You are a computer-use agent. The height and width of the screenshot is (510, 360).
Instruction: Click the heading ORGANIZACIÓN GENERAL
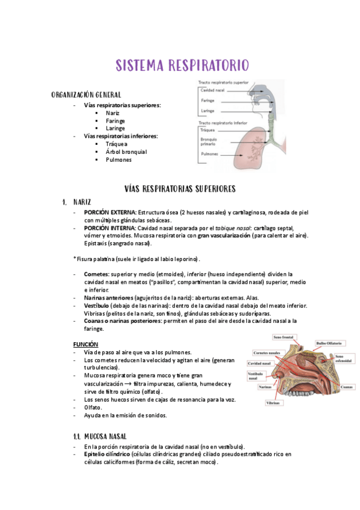[87, 95]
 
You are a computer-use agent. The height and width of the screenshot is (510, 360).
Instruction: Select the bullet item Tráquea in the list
[116, 144]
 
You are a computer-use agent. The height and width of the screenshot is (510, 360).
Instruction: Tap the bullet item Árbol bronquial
[126, 152]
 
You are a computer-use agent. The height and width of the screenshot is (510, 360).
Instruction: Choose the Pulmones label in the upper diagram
[210, 155]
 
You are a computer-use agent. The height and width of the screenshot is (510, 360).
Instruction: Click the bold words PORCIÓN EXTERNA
[110, 212]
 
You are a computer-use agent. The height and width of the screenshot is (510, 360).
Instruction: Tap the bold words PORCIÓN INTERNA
[110, 229]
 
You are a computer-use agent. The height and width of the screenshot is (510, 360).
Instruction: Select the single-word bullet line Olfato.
[93, 407]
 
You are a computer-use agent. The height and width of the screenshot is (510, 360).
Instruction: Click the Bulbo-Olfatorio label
[329, 343]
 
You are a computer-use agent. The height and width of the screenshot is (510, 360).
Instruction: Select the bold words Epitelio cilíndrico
[103, 455]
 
